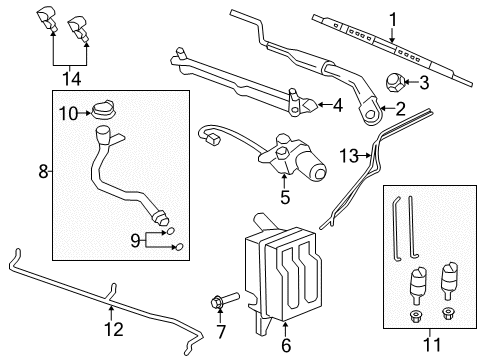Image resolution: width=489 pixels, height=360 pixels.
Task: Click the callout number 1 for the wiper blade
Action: click(393, 17)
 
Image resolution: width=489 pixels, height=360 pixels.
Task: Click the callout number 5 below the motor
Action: click(285, 197)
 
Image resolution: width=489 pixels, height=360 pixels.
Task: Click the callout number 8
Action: click(42, 173)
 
